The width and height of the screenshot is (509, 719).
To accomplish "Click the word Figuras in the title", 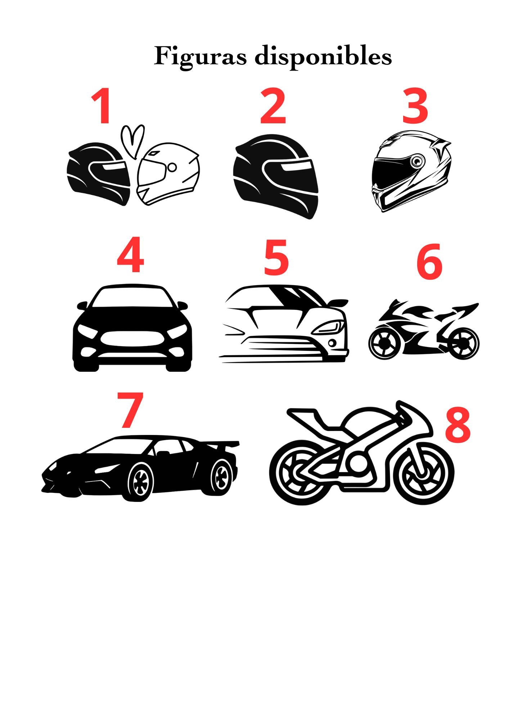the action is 200,57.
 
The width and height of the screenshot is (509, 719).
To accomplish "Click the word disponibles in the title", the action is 323,57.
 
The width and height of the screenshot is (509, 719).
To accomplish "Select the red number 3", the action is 415,106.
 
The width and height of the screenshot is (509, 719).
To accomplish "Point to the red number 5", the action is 276,258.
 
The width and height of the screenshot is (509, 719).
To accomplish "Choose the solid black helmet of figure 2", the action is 276,177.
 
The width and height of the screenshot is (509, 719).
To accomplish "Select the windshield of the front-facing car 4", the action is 132,298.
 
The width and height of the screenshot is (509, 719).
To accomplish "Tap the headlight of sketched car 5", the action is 329,328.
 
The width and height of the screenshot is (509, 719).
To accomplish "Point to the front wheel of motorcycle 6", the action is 464,344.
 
